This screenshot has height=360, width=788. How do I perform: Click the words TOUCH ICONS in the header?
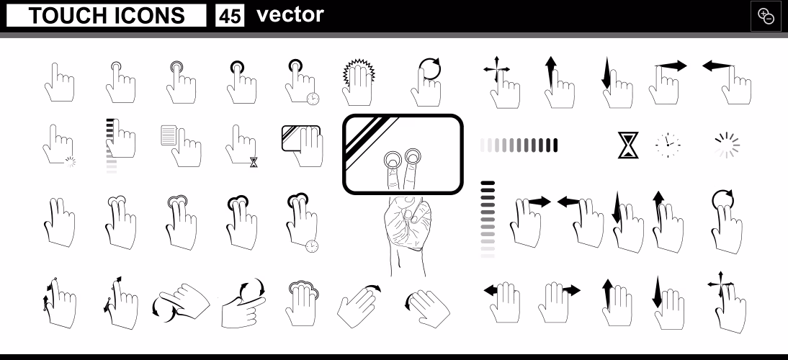click(107, 16)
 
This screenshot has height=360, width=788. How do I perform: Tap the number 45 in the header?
click(230, 16)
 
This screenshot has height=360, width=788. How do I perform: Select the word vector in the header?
click(290, 14)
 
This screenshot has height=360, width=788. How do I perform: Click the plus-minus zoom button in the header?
click(766, 16)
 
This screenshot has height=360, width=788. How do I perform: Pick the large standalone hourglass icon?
click(627, 145)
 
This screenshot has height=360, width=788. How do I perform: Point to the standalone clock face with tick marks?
click(668, 145)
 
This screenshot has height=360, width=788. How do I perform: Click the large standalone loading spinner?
click(727, 145)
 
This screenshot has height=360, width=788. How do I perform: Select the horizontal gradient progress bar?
click(519, 145)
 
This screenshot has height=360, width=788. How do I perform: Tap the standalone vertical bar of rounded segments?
click(488, 220)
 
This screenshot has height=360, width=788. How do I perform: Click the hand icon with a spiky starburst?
click(358, 82)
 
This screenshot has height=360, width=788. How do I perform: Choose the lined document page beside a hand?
click(169, 135)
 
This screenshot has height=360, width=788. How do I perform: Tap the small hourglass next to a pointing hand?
click(254, 162)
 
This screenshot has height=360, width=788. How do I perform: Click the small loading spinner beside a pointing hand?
click(71, 162)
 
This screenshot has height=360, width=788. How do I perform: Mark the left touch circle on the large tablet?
click(393, 161)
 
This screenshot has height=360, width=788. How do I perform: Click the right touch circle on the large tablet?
click(413, 157)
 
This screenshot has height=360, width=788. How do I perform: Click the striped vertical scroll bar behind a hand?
click(111, 146)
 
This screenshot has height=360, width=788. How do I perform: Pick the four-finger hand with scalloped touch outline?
click(301, 303)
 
